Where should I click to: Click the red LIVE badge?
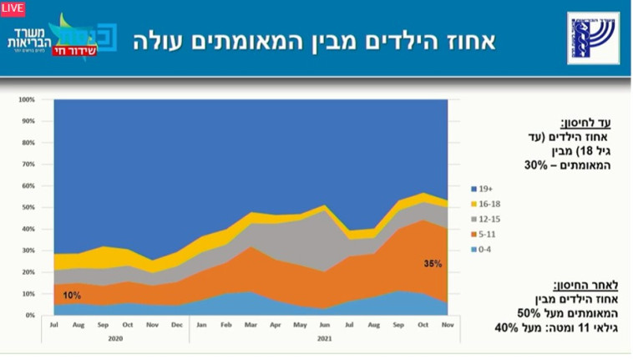click(x=13, y=8)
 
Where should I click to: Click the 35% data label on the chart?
click(x=433, y=264)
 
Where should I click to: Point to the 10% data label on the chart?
click(x=72, y=296)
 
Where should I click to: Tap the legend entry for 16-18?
click(x=488, y=203)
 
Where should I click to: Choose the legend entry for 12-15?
click(x=488, y=218)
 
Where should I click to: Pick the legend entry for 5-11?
click(x=486, y=233)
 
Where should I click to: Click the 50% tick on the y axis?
click(x=28, y=207)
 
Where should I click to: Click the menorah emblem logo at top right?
click(x=594, y=38)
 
